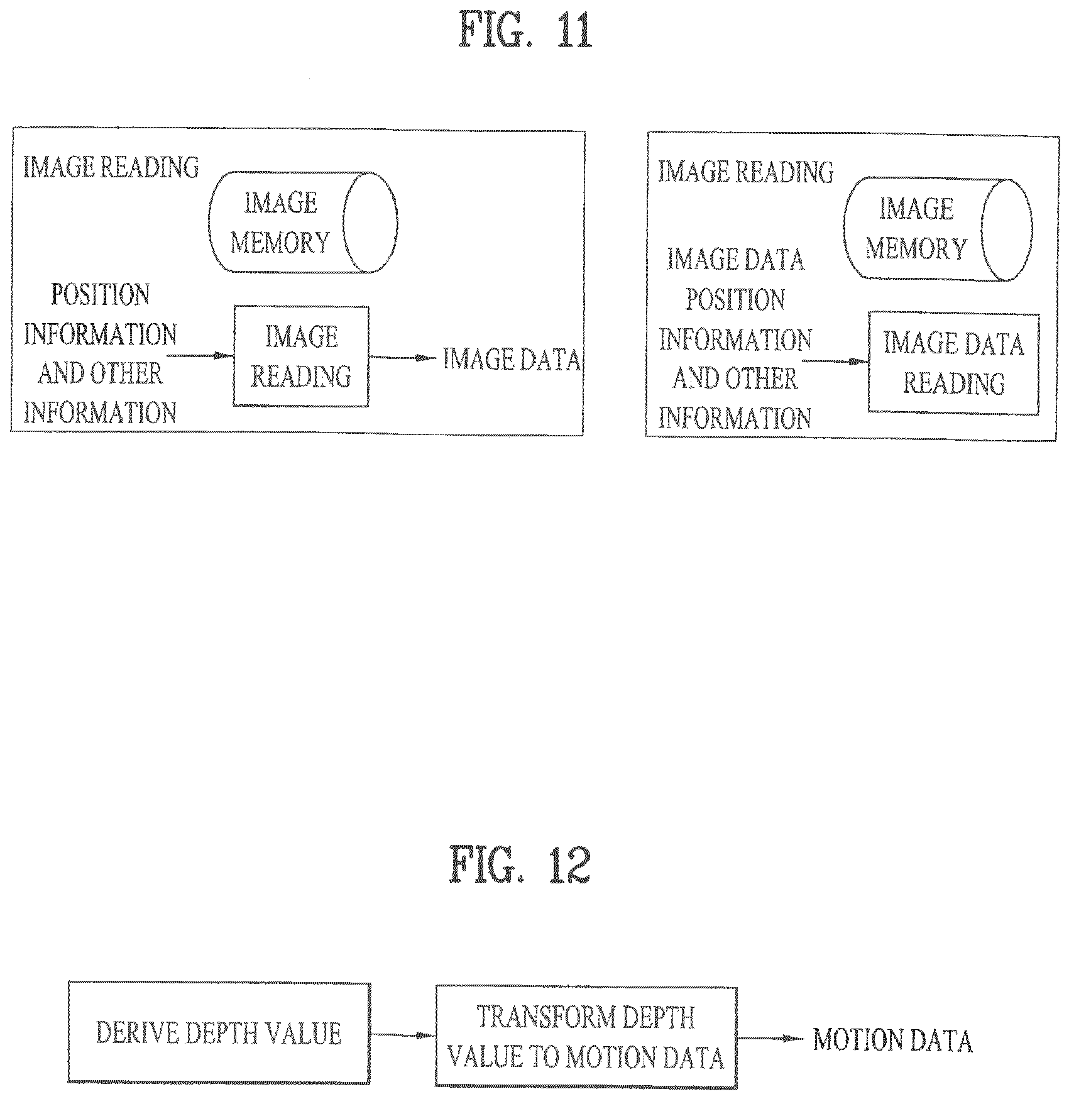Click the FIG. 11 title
525,31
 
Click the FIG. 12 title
520,865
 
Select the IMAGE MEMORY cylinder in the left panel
303,222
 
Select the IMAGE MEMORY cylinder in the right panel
939,229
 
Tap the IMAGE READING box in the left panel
301,356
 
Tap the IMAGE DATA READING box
953,363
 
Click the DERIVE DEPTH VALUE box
219,1033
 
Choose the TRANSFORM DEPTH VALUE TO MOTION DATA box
586,1037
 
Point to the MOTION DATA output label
893,1041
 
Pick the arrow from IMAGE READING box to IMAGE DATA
402,358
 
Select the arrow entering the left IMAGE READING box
200,356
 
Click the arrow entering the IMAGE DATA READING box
835,362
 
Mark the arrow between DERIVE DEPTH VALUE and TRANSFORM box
403,1034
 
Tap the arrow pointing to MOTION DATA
770,1039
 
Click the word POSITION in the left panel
101,294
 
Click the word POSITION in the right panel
735,299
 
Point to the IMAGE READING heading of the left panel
111,167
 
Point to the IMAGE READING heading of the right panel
746,172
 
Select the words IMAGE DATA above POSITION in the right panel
736,259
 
